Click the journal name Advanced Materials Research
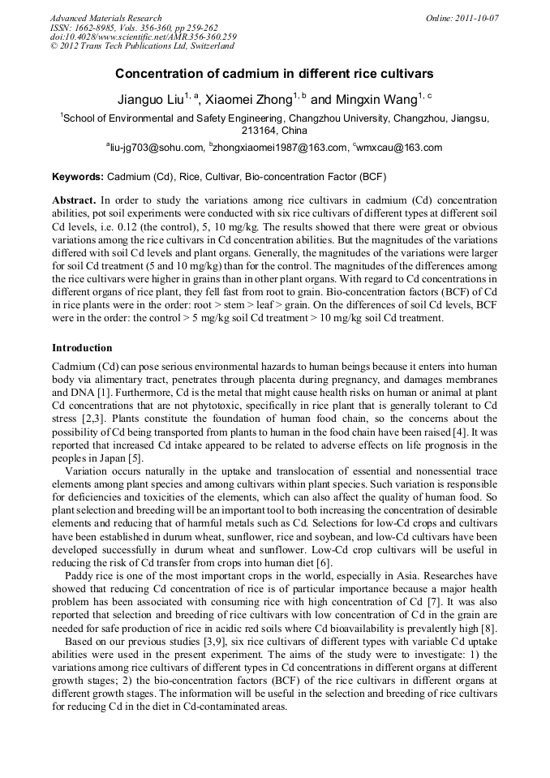(105, 18)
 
